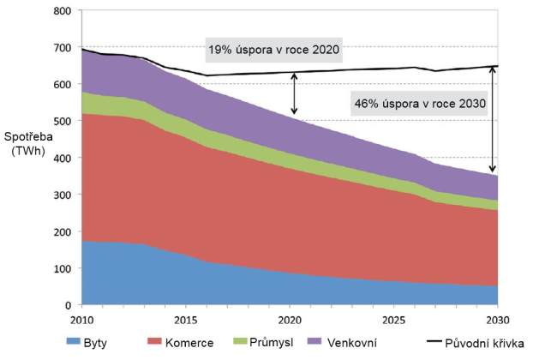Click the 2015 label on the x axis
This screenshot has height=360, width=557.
coord(186,320)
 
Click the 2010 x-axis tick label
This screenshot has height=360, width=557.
coord(83,320)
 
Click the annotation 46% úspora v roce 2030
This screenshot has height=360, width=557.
coord(419,105)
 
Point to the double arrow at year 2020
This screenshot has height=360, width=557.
coord(294,93)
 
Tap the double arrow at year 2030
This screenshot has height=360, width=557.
coord(493,120)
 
